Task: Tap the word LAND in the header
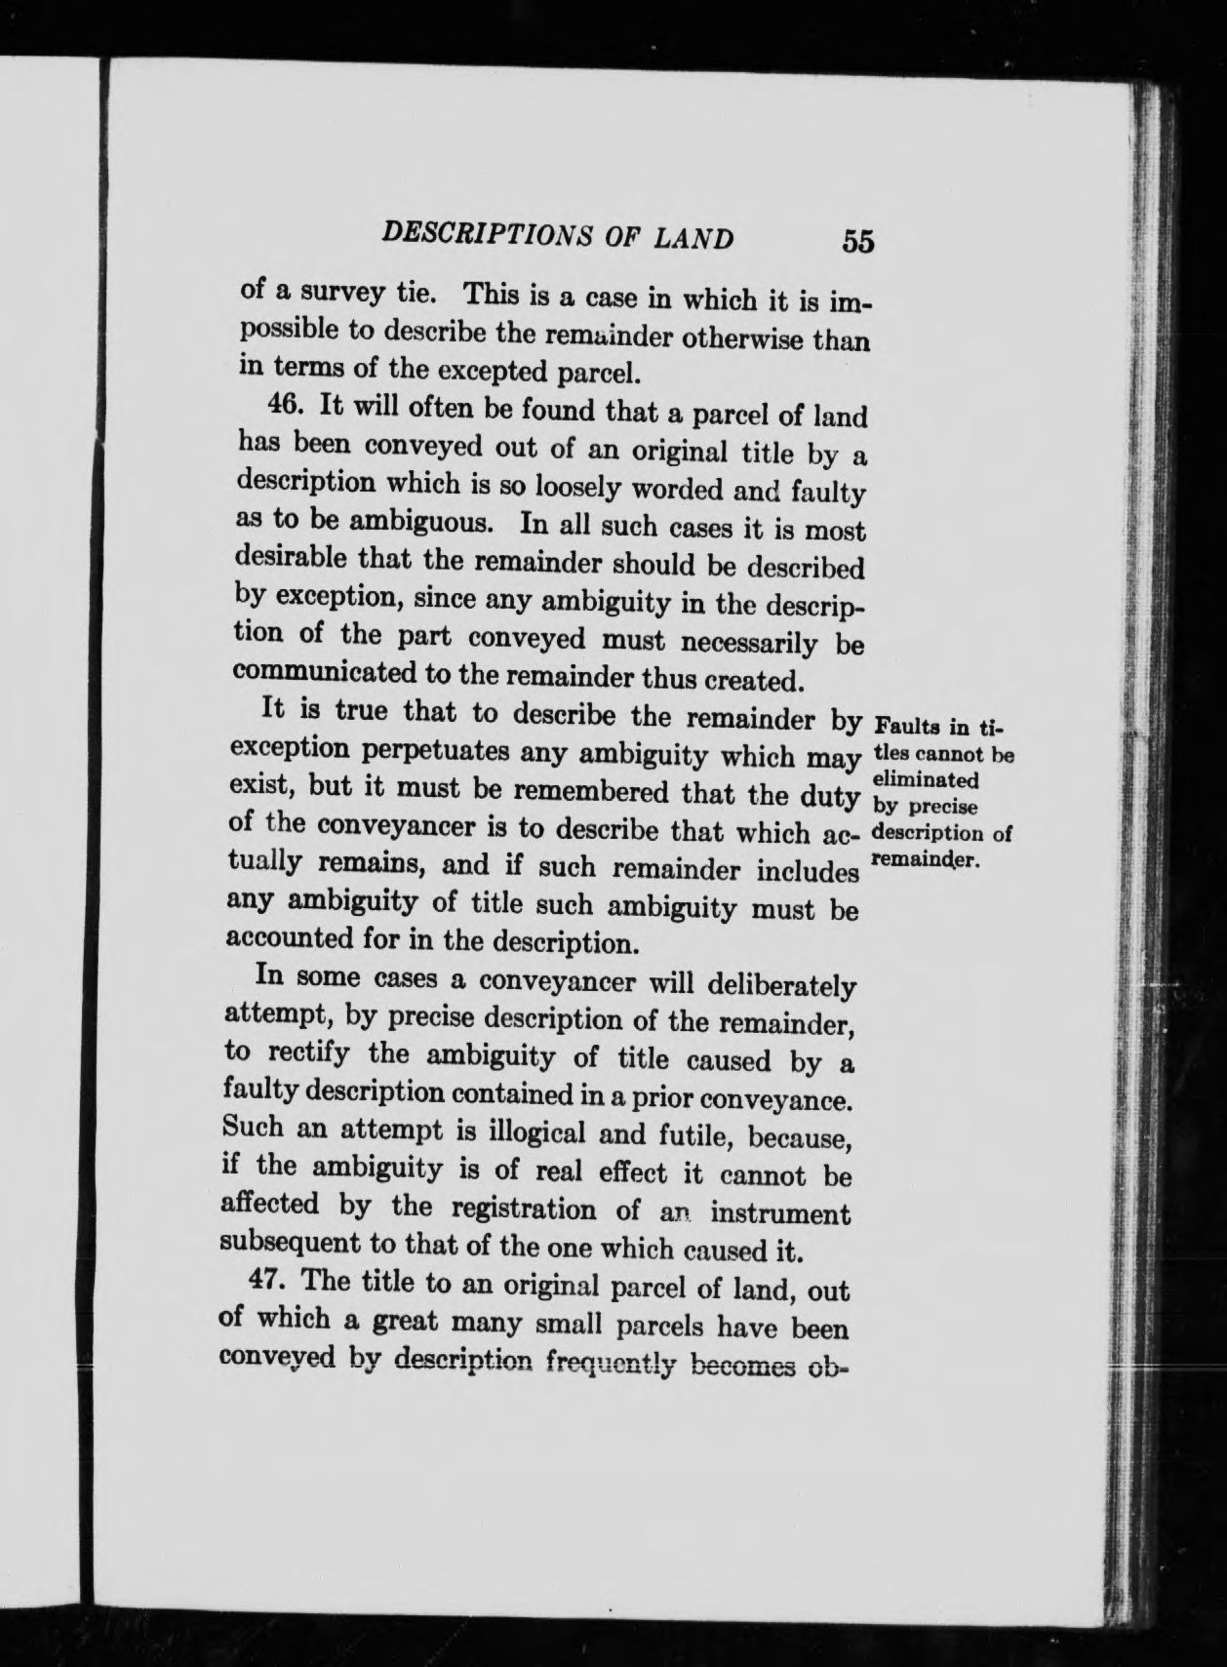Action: [x=693, y=238]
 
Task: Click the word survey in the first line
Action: [x=335, y=291]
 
